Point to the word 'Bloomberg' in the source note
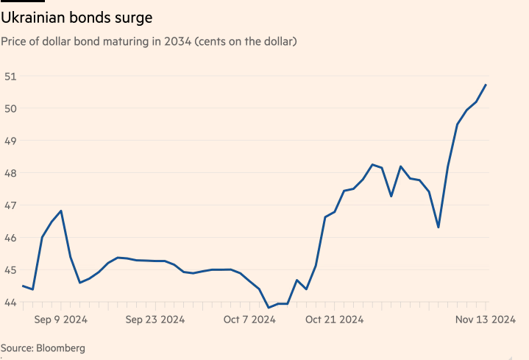click(x=60, y=347)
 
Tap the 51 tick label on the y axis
click(x=10, y=76)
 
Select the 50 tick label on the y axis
click(x=10, y=108)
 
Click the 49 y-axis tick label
click(x=10, y=141)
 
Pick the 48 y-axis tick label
click(x=10, y=173)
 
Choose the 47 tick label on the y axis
click(x=10, y=205)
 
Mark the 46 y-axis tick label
click(x=10, y=238)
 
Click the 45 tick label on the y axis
click(x=10, y=270)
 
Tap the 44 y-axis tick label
click(x=10, y=302)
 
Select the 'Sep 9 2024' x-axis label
click(x=61, y=320)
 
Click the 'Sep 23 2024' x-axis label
click(x=155, y=320)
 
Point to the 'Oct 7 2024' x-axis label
click(x=249, y=320)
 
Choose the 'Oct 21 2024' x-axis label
click(x=334, y=320)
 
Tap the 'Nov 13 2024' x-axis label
click(x=485, y=320)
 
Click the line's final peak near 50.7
click(x=486, y=85)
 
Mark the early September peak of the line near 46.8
click(x=61, y=211)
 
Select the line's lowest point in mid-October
click(x=269, y=308)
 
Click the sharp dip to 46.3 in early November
click(x=439, y=227)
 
